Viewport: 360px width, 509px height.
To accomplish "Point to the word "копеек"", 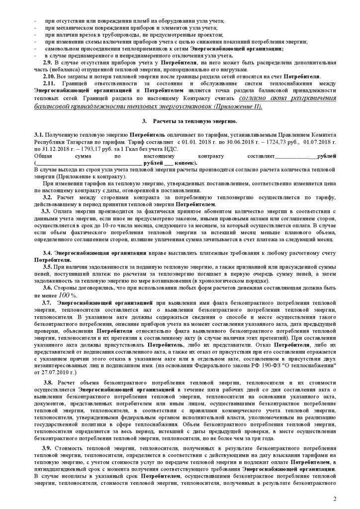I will [x=185, y=163].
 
